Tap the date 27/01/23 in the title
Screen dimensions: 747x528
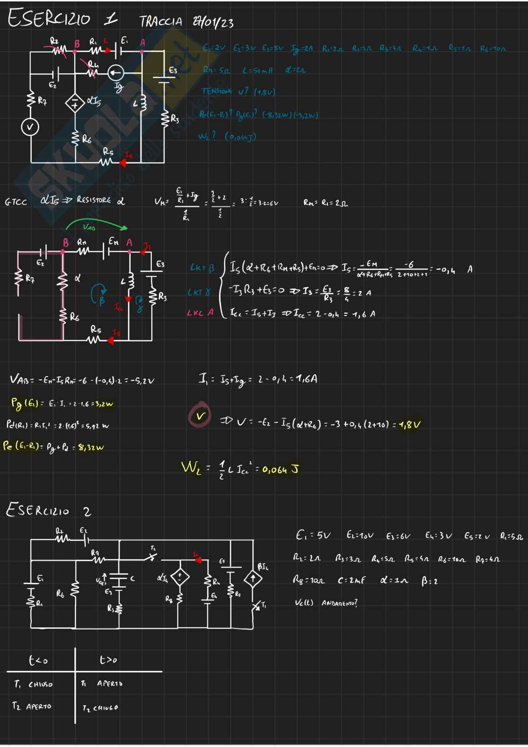213,22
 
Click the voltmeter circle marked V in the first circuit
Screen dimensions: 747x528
30,127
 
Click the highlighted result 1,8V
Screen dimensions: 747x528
410,424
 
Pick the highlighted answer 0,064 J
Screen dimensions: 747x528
281,470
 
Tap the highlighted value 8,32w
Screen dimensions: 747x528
91,447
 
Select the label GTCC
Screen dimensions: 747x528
16,202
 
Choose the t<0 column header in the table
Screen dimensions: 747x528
38,660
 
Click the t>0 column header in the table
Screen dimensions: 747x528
108,659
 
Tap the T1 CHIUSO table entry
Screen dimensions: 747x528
34,684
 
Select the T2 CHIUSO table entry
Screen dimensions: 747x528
100,708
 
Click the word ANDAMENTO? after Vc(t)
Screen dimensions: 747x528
339,603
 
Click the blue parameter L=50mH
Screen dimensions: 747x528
257,70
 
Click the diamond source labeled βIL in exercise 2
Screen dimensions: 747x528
253,579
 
